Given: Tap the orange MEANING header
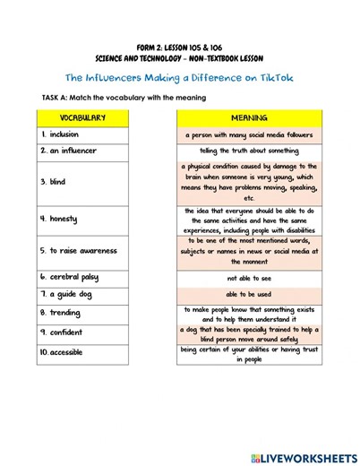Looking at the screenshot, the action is [249, 117].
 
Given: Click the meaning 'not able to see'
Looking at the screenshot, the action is [249, 278].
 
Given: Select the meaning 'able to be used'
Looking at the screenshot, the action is [249, 294].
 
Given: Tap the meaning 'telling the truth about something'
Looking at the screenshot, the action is [249, 151].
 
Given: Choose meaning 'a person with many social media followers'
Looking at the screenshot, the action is [249, 134].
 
